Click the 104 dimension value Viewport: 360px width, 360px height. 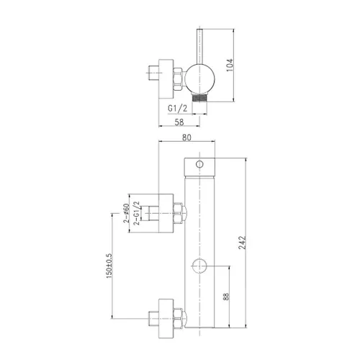click(230, 65)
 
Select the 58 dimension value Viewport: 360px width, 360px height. click(179, 122)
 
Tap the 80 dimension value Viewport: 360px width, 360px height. click(186, 138)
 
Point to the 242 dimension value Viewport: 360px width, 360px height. click(243, 243)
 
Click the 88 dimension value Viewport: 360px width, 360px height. click(226, 297)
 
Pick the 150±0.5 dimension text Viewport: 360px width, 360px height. click(109, 266)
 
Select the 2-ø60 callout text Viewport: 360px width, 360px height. click(127, 213)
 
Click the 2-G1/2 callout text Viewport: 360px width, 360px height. click(137, 213)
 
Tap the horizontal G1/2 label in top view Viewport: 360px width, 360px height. click(177, 109)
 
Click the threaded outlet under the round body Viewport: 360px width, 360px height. click(199, 97)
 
